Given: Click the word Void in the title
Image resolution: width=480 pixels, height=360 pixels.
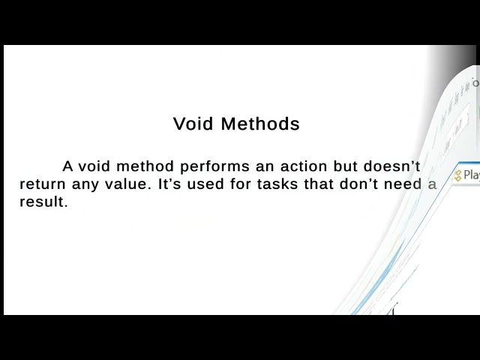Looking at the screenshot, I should point(193,124).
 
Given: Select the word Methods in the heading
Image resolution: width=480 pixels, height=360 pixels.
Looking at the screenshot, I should point(260,124).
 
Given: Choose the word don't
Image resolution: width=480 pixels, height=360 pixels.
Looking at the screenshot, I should point(365,184).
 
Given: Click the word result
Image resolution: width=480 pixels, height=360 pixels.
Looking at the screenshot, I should point(43,202).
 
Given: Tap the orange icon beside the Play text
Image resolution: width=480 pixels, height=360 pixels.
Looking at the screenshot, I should point(457,175).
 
